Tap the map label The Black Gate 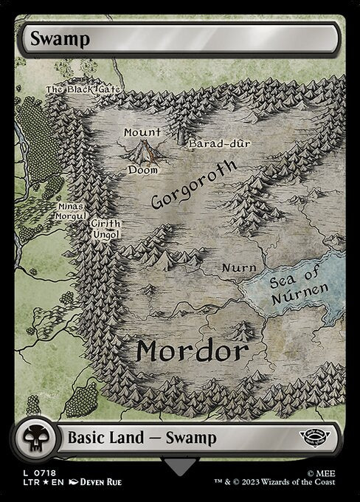pyautogui.click(x=83, y=90)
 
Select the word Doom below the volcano pyautogui.click(x=143, y=170)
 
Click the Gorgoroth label pyautogui.click(x=194, y=184)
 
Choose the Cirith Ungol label pyautogui.click(x=105, y=229)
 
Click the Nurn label pyautogui.click(x=239, y=267)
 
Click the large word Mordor pyautogui.click(x=190, y=351)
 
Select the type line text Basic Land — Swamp pyautogui.click(x=142, y=438)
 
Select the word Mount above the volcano pyautogui.click(x=142, y=132)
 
